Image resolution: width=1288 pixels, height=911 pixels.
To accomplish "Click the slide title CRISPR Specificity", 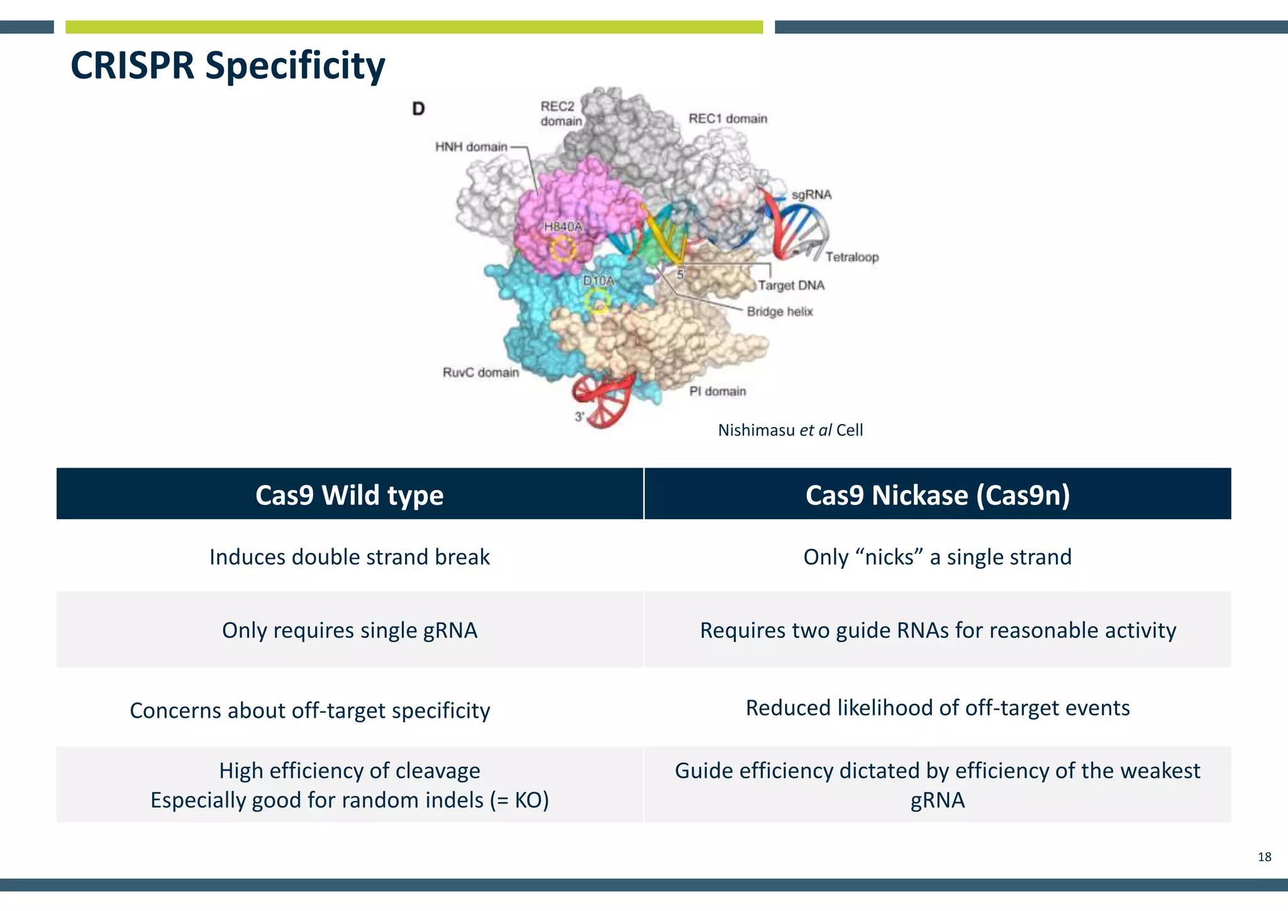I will (x=228, y=65).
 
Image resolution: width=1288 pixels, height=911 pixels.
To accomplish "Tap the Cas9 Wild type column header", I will (x=350, y=495).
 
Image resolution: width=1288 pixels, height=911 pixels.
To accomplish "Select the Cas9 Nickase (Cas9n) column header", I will (x=937, y=495).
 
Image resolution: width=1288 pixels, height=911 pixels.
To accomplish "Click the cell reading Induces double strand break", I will (x=350, y=557).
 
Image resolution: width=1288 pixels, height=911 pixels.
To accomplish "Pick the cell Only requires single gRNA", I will (x=350, y=630).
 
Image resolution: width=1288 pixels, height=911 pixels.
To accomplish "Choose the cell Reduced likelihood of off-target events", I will (x=937, y=708).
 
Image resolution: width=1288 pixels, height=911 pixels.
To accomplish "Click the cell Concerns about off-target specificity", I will (x=310, y=711).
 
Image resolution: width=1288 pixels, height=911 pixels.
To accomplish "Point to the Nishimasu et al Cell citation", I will (x=790, y=430).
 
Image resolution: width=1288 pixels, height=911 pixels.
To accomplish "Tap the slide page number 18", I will (x=1264, y=857).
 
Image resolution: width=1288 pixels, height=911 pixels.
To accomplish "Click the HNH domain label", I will (x=471, y=147).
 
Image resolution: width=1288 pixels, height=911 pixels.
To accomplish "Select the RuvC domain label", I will (x=480, y=372).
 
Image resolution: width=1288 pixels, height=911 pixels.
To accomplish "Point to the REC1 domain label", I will (x=728, y=119).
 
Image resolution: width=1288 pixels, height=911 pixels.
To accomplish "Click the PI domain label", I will (x=717, y=391).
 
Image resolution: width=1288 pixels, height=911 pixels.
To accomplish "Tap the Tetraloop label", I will (x=852, y=257).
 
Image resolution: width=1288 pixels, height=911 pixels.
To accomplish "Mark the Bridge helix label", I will (x=779, y=312).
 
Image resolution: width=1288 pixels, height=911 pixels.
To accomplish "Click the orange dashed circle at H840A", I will (x=563, y=249).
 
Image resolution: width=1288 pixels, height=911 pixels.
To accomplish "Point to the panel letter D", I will (x=418, y=109).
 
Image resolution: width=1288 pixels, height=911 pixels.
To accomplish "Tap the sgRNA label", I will (x=811, y=195).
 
